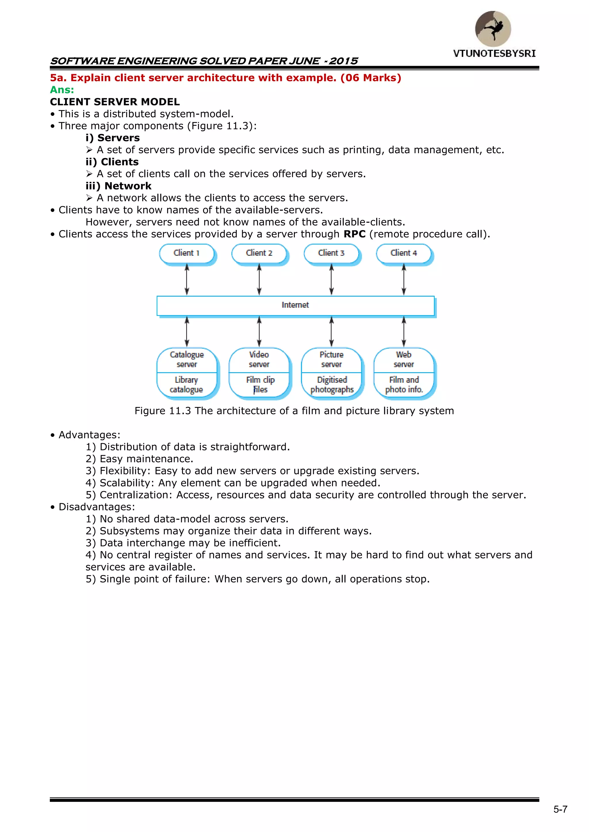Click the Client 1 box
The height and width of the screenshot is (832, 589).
187,253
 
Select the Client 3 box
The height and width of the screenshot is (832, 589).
331,253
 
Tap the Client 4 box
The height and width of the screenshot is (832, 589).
404,253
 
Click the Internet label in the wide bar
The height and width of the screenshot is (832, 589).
295,305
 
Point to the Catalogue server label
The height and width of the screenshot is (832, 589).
187,360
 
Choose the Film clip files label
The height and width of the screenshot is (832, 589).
260,385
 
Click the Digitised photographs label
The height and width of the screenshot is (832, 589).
332,385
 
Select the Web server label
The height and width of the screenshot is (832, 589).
404,360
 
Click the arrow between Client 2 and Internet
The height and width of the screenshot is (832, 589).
259,279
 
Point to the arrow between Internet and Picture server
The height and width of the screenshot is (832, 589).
331,332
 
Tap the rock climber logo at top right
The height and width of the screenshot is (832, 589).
493,29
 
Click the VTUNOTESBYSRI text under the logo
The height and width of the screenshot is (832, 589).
494,54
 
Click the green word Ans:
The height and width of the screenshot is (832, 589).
62,90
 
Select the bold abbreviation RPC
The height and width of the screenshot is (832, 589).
354,234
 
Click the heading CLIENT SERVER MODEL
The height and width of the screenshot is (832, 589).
115,102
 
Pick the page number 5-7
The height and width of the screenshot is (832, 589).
560,810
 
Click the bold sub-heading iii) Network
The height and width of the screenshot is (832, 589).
118,186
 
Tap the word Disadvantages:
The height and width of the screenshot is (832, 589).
96,507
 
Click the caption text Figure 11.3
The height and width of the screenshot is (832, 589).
162,411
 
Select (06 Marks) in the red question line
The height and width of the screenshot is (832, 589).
371,78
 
